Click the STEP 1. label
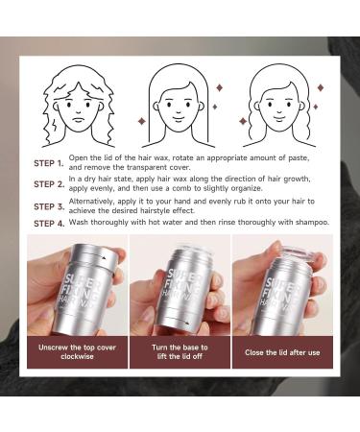[x=49, y=163]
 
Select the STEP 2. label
[x=49, y=184]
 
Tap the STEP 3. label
[x=49, y=206]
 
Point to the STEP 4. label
[x=49, y=224]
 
